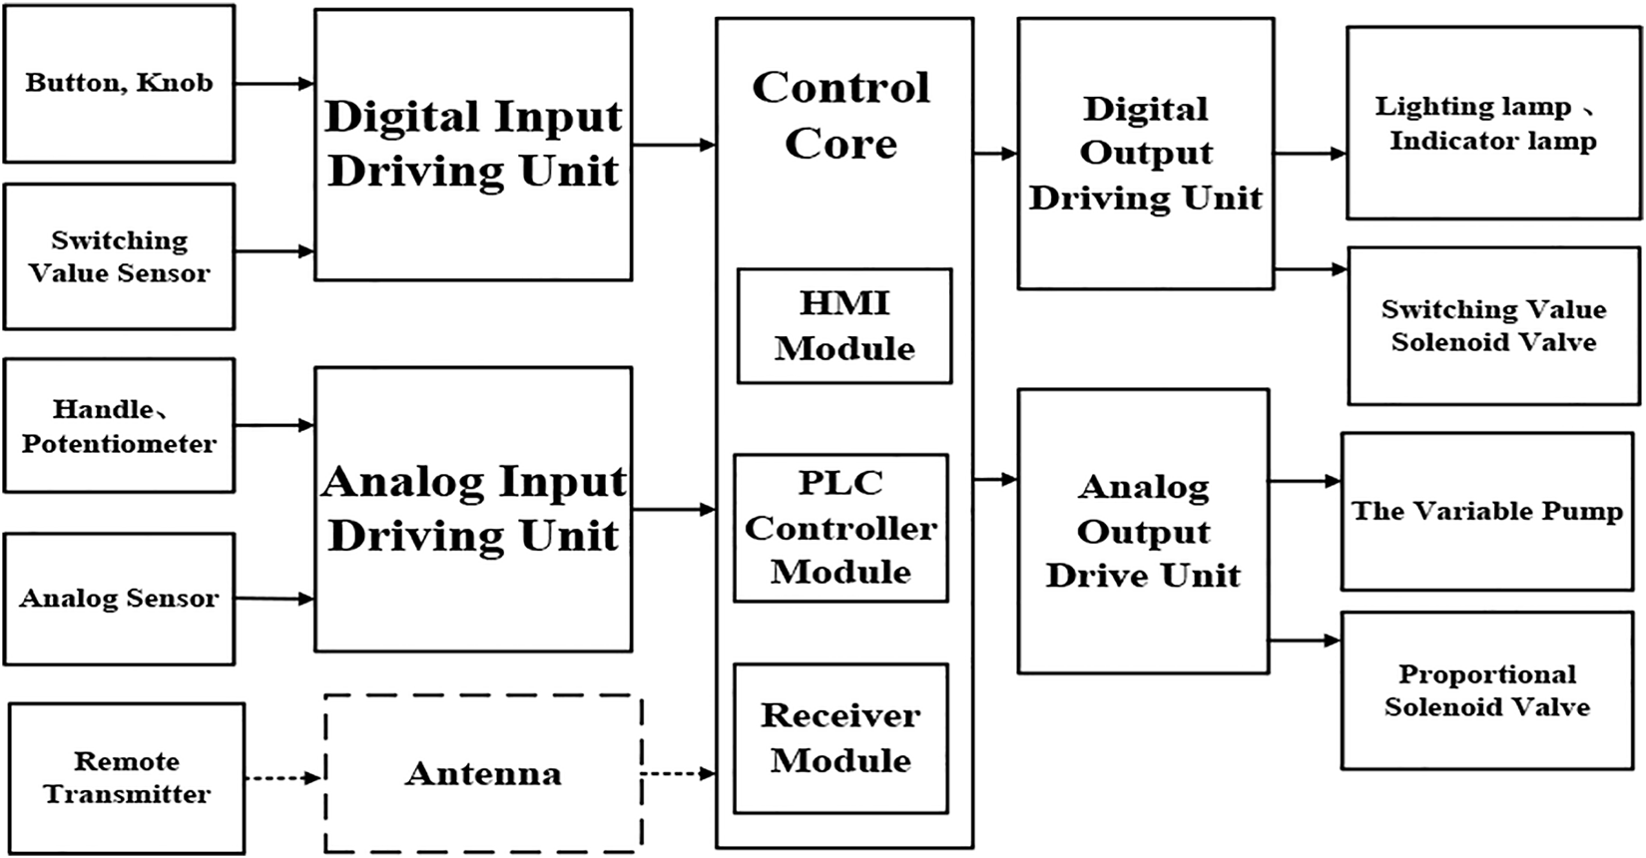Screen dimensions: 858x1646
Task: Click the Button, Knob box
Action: [119, 84]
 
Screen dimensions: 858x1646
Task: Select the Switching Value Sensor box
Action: [119, 256]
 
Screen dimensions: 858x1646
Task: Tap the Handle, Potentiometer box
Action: [119, 426]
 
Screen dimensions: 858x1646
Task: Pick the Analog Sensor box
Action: [119, 599]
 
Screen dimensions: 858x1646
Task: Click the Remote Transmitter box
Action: [127, 778]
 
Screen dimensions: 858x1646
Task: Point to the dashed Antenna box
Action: [483, 774]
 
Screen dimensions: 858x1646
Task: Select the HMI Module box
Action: [844, 326]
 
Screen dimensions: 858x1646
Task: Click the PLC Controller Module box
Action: [840, 529]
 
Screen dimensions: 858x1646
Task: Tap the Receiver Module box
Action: [840, 738]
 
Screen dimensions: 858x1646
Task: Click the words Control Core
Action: [840, 115]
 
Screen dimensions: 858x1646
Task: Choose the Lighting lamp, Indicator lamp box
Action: [1492, 123]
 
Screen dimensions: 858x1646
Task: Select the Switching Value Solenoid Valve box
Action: [1493, 326]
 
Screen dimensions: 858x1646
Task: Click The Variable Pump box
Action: [1486, 512]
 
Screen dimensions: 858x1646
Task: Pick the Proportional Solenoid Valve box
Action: [1486, 690]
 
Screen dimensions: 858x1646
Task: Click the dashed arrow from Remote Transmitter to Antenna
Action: [283, 777]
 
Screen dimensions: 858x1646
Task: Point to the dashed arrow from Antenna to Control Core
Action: [678, 773]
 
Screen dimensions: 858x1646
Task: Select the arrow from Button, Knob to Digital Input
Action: [274, 85]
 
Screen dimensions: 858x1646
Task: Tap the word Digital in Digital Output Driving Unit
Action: [1145, 109]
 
